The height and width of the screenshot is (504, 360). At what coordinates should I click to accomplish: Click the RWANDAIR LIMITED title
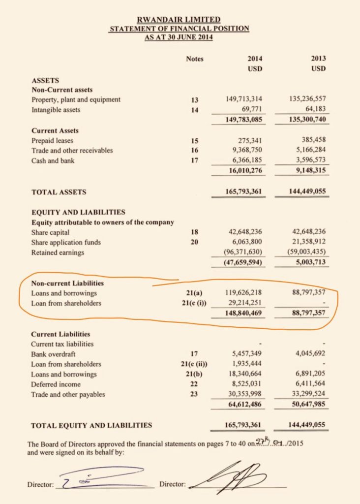point(179,20)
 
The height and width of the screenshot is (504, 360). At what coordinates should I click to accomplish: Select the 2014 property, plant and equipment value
point(246,99)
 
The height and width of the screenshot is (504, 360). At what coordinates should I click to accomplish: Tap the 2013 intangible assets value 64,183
point(315,110)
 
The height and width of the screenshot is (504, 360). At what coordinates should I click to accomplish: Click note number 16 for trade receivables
point(194,150)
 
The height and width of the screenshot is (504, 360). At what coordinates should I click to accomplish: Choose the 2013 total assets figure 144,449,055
point(301,192)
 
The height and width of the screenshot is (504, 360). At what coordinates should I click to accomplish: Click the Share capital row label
point(50,232)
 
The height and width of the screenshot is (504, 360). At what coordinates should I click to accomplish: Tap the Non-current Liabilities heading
point(67,283)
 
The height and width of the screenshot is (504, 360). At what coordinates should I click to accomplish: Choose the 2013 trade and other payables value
point(305,394)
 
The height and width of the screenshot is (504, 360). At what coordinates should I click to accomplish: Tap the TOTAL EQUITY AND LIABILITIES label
point(91,425)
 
